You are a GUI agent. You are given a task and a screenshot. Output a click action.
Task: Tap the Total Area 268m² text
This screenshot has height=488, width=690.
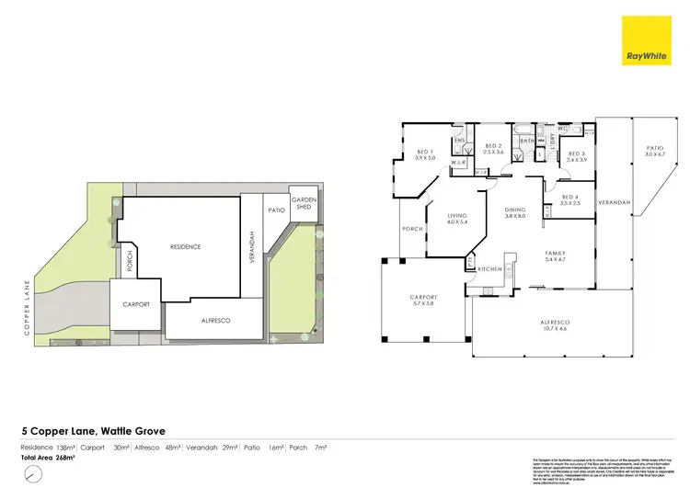pos(48,456)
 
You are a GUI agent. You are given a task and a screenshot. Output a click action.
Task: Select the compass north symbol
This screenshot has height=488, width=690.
pos(33,474)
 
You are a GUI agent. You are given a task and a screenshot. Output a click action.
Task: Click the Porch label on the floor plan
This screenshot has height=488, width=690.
pos(410,230)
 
